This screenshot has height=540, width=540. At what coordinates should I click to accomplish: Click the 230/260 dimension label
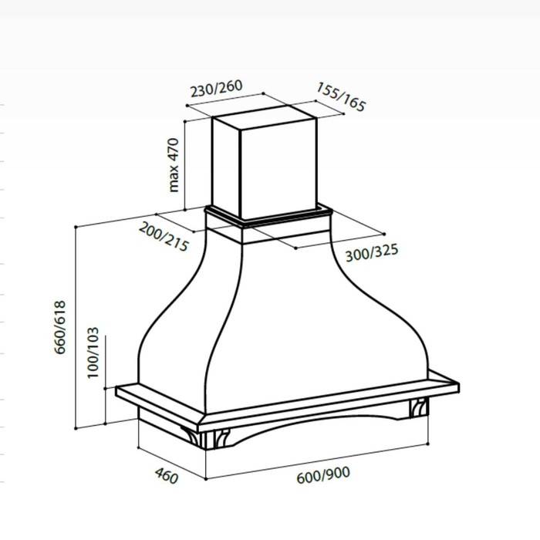(x=216, y=88)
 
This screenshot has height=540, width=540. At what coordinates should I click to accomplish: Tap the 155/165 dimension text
(x=341, y=96)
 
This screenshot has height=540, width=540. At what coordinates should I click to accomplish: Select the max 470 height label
(x=174, y=164)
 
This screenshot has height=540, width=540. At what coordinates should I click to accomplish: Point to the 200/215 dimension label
(x=164, y=237)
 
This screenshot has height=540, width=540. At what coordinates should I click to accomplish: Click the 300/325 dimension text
(x=372, y=252)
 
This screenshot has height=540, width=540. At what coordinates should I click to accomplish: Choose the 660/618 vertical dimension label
(x=60, y=327)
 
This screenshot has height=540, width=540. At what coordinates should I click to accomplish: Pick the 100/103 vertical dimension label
(x=93, y=353)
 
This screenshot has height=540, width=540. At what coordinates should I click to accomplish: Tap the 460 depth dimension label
(x=167, y=476)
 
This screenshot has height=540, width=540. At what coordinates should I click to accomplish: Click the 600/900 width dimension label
(x=323, y=474)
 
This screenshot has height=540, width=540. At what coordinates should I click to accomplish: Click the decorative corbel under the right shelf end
(x=419, y=408)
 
